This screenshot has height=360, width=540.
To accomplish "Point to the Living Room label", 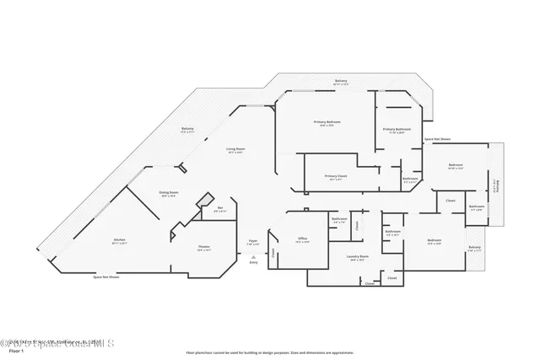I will (235, 150).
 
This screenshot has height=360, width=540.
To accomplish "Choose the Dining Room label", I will (169, 194).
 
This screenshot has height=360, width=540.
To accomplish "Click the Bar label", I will (220, 209).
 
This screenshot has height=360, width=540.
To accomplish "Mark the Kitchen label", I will (119, 241).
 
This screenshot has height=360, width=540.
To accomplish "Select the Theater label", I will (203, 248).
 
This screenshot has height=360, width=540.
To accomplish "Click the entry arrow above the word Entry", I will (253, 256).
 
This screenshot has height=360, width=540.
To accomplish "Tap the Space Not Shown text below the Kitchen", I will (105, 277).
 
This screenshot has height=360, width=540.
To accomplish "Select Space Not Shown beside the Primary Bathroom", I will (437, 138).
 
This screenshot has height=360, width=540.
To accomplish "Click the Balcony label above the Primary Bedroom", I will (340, 82).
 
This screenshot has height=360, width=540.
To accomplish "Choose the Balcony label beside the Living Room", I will (187, 130).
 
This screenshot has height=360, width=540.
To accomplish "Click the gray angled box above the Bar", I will (203, 201).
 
